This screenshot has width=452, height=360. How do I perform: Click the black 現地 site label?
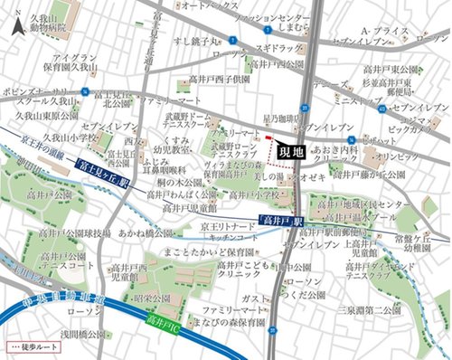(x=288, y=152)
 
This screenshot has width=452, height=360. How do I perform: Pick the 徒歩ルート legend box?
(x=32, y=347)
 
